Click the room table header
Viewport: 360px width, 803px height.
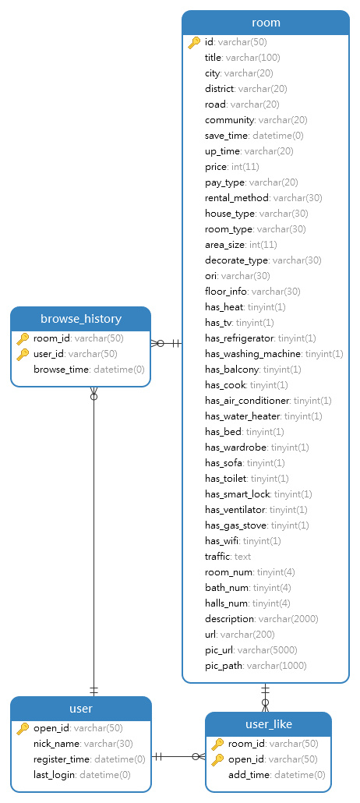tap(266, 23)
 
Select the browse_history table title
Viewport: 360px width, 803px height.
tap(81, 319)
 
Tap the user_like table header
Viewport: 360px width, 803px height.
tap(268, 724)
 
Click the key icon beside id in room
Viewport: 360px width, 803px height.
tap(194, 43)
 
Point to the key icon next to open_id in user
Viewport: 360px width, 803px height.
tap(23, 728)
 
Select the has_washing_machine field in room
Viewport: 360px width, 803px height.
tap(274, 354)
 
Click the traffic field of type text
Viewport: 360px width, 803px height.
tap(228, 556)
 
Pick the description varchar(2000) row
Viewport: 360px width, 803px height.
tap(262, 619)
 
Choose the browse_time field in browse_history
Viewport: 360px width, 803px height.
tap(89, 370)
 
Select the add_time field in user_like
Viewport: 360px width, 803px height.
tap(277, 775)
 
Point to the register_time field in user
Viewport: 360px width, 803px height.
tap(90, 759)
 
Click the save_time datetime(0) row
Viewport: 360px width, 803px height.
tap(254, 136)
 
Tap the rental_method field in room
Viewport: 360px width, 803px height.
tap(263, 198)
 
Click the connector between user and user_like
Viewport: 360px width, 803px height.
tap(178, 756)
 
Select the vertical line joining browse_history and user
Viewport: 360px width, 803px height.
tap(94, 541)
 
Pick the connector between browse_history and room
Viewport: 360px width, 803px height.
tap(167, 343)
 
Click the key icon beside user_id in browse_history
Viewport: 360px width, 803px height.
tap(23, 354)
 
